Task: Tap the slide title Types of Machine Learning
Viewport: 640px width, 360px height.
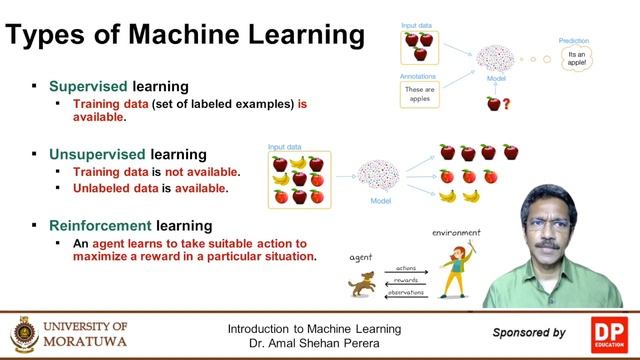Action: click(x=185, y=36)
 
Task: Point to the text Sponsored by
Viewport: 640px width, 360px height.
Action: click(x=529, y=332)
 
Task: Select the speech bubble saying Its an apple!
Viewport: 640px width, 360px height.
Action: click(x=575, y=58)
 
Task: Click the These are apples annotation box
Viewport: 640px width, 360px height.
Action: click(x=420, y=95)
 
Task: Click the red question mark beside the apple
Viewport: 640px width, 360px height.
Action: click(x=506, y=104)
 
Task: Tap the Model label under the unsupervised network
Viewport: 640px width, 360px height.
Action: click(x=379, y=200)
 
